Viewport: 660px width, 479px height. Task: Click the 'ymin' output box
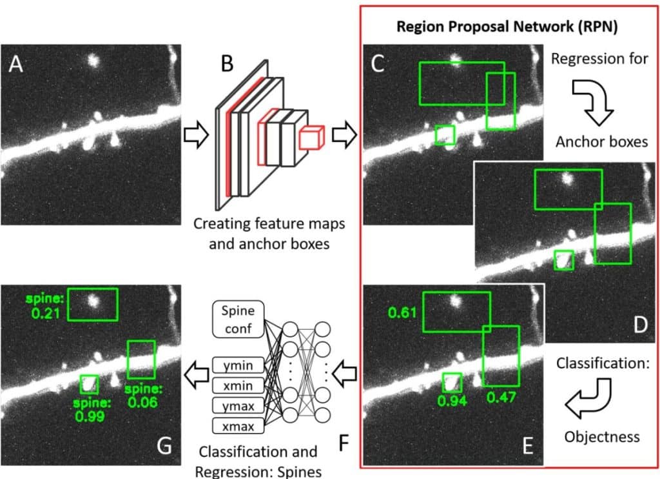pos(238,367)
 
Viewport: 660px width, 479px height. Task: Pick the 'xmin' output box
pos(238,386)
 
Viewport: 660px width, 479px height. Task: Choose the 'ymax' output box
pos(238,406)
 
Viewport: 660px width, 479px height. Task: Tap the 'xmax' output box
pos(238,426)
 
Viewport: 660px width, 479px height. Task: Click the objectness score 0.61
pos(402,313)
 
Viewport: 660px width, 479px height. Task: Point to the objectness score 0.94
pos(452,401)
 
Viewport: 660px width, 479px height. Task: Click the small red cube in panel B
pos(311,138)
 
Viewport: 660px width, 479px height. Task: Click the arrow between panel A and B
pos(195,136)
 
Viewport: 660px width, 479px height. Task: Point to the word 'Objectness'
pos(602,436)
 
